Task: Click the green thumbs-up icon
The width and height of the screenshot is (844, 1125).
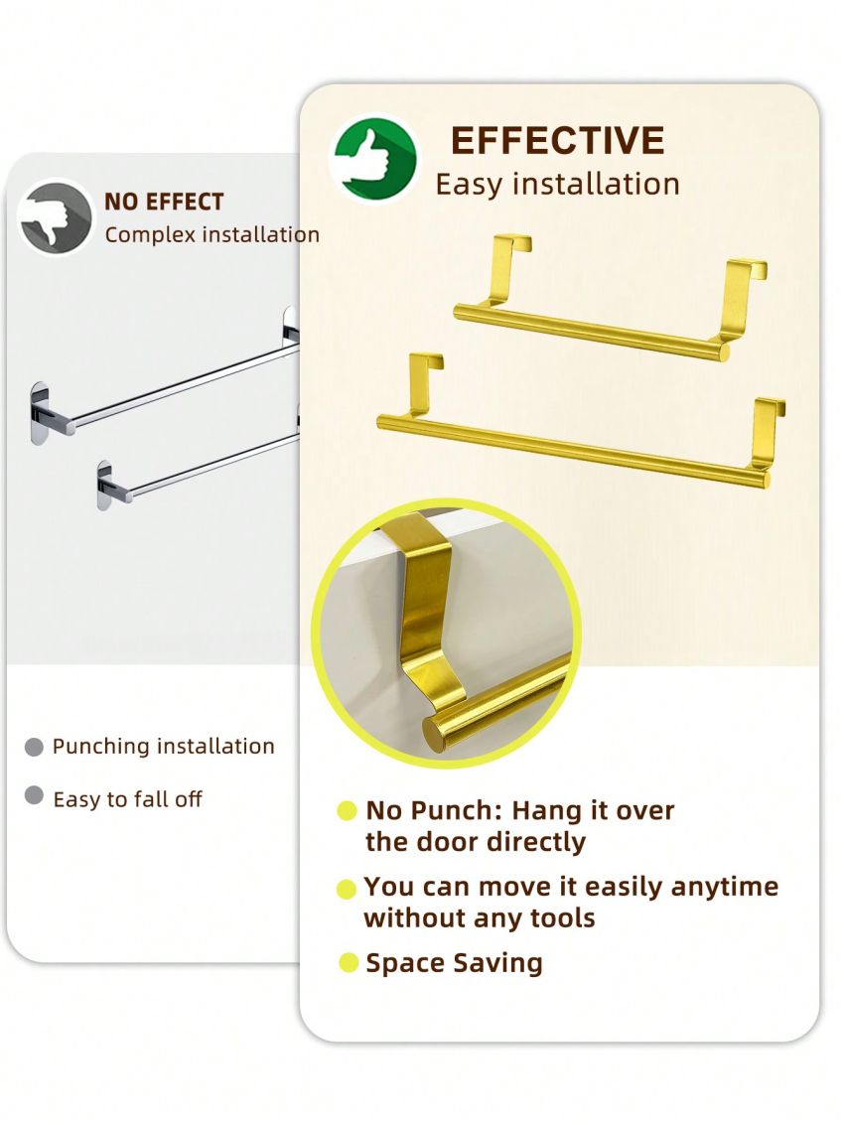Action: tap(372, 159)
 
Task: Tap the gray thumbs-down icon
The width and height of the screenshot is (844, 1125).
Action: tap(56, 216)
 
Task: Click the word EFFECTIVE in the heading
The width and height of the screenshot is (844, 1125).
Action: tap(557, 141)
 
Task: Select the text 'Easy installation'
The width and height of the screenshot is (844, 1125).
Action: tap(557, 185)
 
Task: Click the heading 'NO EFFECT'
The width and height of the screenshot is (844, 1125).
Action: tap(164, 203)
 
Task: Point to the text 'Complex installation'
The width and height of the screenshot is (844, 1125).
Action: tap(212, 235)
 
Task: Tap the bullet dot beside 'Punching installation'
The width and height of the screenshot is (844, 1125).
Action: tap(34, 747)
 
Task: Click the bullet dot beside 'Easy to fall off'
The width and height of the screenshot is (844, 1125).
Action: tap(34, 795)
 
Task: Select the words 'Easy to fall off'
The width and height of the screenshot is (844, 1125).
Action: tap(128, 799)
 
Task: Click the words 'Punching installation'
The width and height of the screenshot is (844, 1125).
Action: tap(164, 747)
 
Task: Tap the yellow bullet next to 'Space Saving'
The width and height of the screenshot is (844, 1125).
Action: tap(348, 962)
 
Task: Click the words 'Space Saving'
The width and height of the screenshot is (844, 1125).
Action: tap(455, 963)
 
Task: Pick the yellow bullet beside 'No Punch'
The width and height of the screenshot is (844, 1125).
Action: tap(347, 811)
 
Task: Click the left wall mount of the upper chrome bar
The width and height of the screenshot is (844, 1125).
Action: tap(40, 412)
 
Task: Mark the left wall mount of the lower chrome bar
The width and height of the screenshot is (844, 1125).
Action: tap(106, 484)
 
